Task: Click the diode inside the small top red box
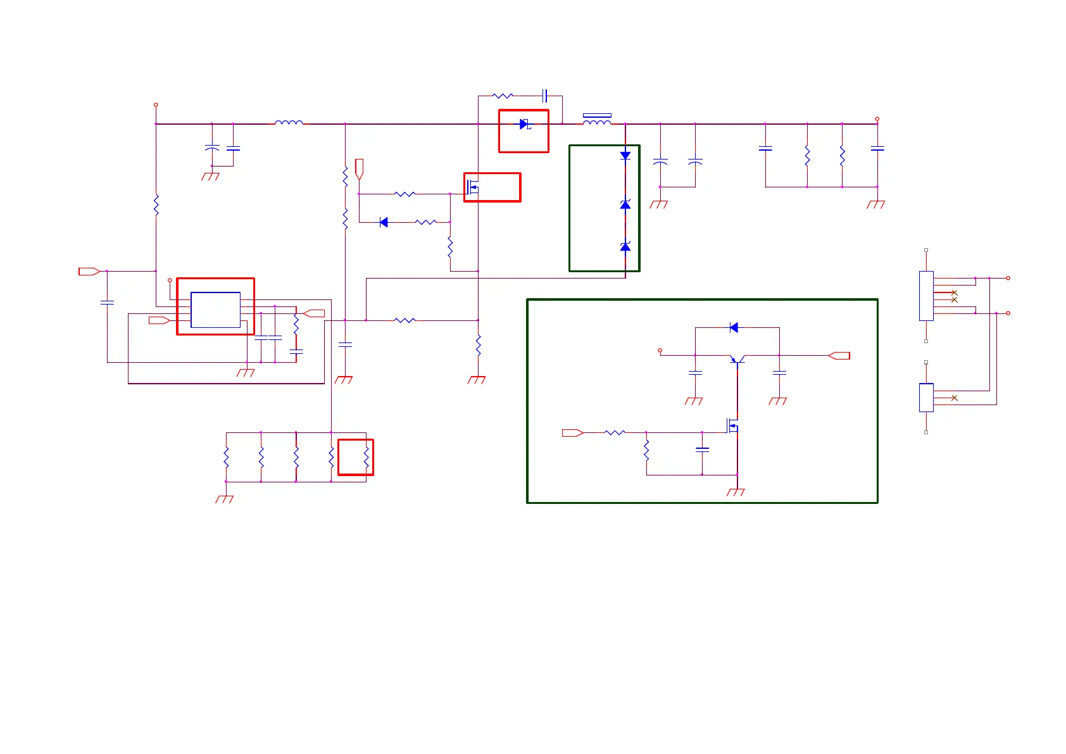click(x=524, y=124)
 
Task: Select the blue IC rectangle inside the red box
click(x=215, y=310)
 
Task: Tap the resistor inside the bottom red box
click(x=366, y=457)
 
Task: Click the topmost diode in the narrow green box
click(x=625, y=155)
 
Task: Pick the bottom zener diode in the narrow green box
click(x=625, y=246)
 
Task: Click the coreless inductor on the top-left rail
click(x=289, y=123)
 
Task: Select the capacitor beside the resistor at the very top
click(x=544, y=96)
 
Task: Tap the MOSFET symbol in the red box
click(x=472, y=187)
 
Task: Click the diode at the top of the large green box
click(x=734, y=327)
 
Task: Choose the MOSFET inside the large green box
click(x=733, y=425)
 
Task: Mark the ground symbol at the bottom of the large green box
click(x=736, y=492)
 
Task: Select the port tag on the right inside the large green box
click(x=839, y=356)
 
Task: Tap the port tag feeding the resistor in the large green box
click(x=572, y=433)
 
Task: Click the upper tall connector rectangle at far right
click(x=926, y=296)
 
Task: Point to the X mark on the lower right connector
click(x=955, y=398)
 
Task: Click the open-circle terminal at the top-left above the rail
click(x=156, y=105)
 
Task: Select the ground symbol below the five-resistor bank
click(x=225, y=499)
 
